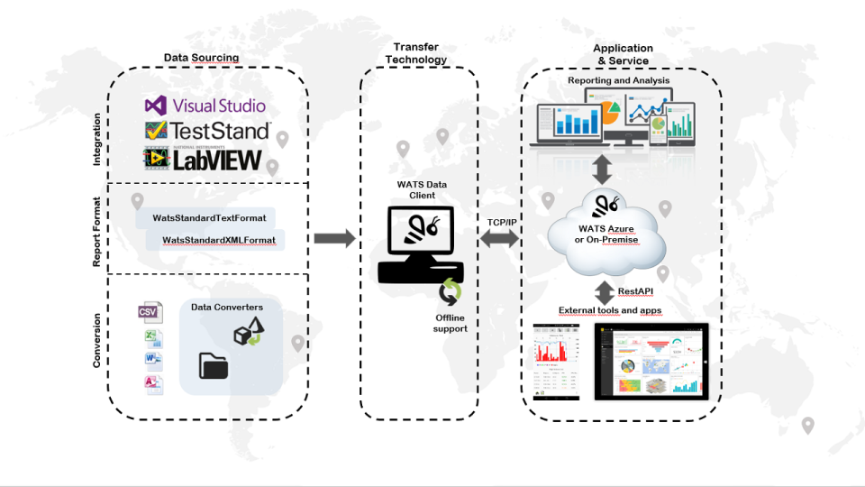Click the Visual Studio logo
click(x=205, y=106)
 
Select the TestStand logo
click(x=207, y=132)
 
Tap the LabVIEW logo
click(x=203, y=160)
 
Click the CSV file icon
click(x=150, y=312)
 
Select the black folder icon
click(x=214, y=365)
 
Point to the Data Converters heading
click(x=226, y=308)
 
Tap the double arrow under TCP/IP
click(x=500, y=238)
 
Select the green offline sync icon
click(x=450, y=292)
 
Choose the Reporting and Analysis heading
click(x=618, y=80)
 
